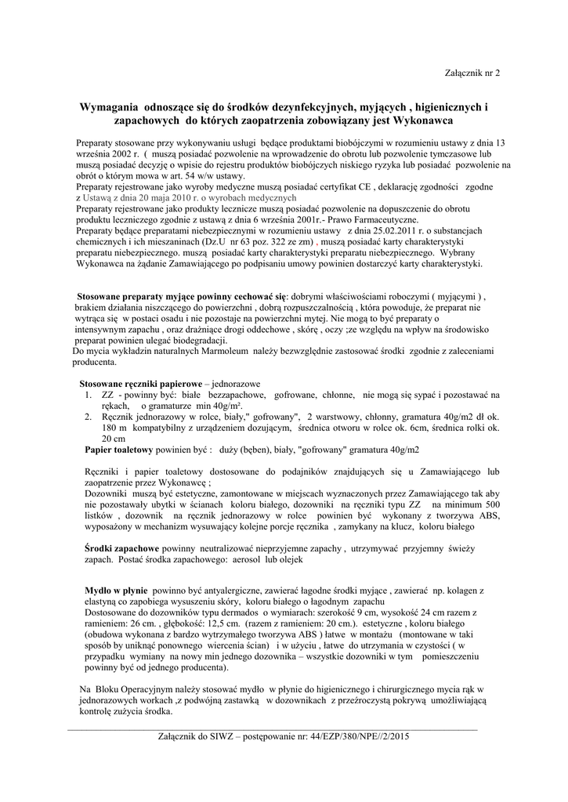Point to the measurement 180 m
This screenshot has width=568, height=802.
[x=114, y=428]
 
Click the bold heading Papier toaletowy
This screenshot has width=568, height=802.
[x=118, y=450]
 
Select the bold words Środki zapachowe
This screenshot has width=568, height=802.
[x=123, y=550]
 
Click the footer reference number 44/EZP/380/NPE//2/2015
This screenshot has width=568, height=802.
[x=360, y=737]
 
